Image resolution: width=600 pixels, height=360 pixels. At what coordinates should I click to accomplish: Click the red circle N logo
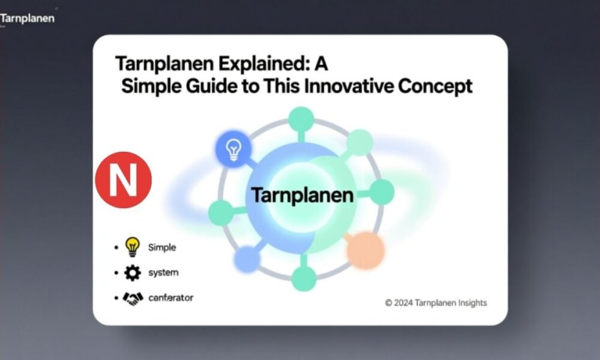point(124,180)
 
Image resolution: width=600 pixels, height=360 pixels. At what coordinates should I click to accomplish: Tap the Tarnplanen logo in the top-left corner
point(27,18)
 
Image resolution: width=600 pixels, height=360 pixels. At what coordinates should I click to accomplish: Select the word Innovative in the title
point(347,86)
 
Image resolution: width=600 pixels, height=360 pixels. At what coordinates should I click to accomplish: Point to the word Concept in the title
point(434,86)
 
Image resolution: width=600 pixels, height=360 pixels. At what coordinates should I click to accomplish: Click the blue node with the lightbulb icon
point(232,148)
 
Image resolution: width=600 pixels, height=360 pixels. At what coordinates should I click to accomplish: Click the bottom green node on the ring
point(304,278)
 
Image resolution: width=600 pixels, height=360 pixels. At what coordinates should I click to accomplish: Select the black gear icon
point(132,273)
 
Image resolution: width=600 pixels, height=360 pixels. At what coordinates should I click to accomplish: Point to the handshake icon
point(133,298)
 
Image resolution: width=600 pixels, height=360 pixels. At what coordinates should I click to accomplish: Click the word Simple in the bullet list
point(161,247)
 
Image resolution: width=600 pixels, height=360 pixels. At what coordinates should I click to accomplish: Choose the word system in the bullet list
point(163,273)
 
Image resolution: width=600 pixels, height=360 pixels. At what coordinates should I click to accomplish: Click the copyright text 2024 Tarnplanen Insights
point(436,303)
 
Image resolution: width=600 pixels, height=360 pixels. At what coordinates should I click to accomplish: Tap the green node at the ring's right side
point(381,193)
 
